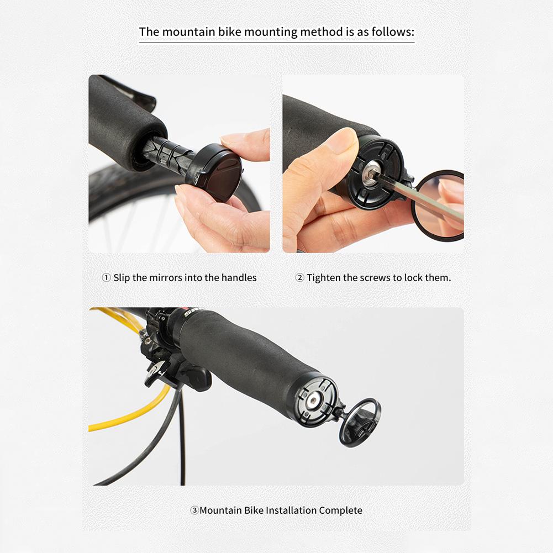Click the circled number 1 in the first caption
pos(107,278)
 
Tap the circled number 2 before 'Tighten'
pos(300,278)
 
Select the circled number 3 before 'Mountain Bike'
pos(194,510)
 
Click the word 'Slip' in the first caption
pos(122,278)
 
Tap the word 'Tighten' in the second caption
pos(324,278)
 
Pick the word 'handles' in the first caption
pos(239,278)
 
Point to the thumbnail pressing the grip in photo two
pos(341,141)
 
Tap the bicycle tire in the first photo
pos(110,191)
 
